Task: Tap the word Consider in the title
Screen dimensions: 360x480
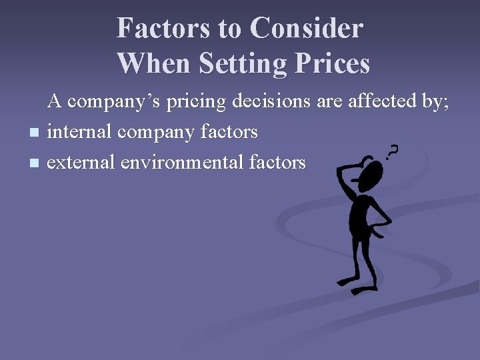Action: coord(307,28)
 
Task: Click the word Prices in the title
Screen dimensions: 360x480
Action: coord(336,63)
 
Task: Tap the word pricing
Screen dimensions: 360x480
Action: coord(196,102)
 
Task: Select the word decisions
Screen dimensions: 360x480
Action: coord(271,102)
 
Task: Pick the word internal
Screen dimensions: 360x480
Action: coord(80,132)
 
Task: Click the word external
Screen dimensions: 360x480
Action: coord(81,162)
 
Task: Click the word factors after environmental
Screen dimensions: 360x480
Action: coord(277,162)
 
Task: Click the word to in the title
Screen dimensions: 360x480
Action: coord(229,28)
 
